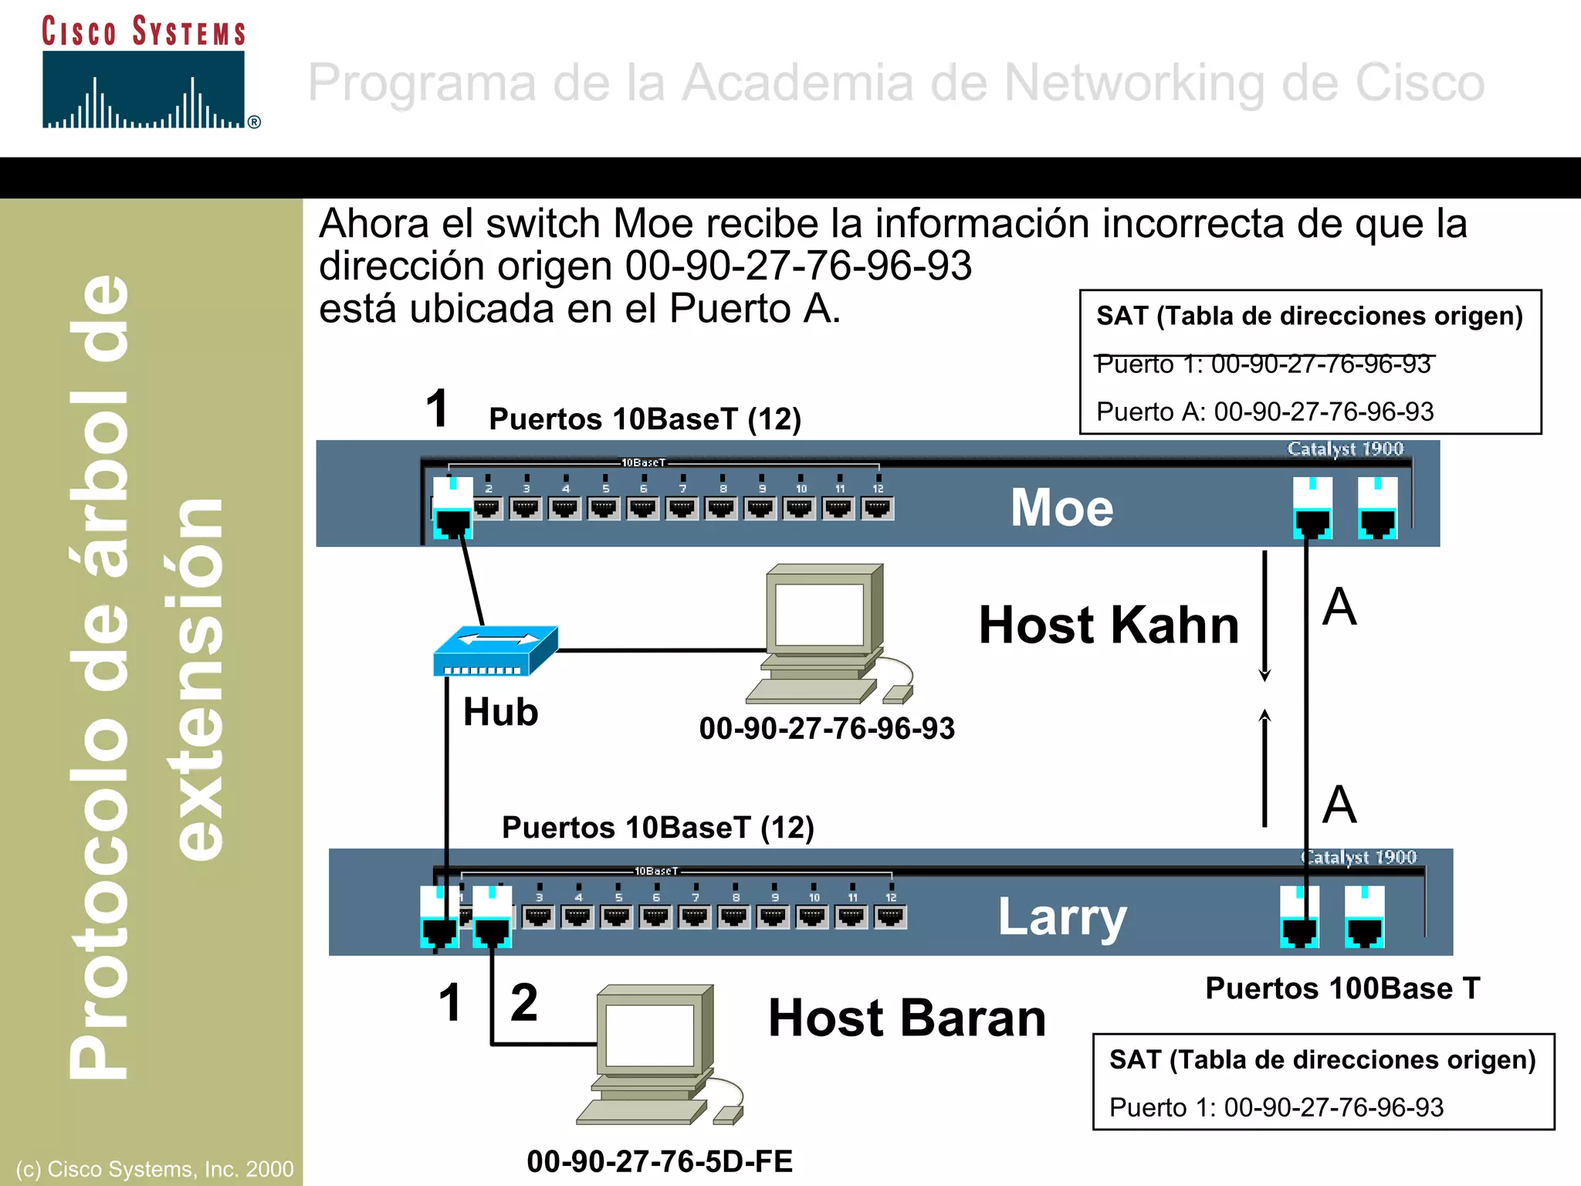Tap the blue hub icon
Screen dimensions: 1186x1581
(x=495, y=651)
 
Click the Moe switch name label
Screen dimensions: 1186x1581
(x=1061, y=508)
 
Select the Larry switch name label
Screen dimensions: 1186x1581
(x=1062, y=917)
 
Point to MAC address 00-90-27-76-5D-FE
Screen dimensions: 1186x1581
(x=659, y=1161)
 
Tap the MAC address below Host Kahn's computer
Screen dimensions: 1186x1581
(x=827, y=728)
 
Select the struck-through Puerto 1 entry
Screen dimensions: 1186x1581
(x=1264, y=364)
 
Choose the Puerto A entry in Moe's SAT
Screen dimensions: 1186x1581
(x=1264, y=412)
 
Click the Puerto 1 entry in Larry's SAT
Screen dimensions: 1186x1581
(x=1276, y=1107)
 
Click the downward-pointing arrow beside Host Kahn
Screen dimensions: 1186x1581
(x=1264, y=618)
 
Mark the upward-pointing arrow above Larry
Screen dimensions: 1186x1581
(x=1264, y=768)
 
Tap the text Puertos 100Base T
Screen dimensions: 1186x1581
(x=1342, y=988)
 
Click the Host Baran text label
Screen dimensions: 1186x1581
(x=907, y=1018)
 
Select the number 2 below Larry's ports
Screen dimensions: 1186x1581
(x=524, y=1002)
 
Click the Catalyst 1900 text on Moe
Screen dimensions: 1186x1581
(x=1345, y=449)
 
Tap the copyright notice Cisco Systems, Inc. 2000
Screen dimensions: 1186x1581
(x=154, y=1169)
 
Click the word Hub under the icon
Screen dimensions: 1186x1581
(x=500, y=711)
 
